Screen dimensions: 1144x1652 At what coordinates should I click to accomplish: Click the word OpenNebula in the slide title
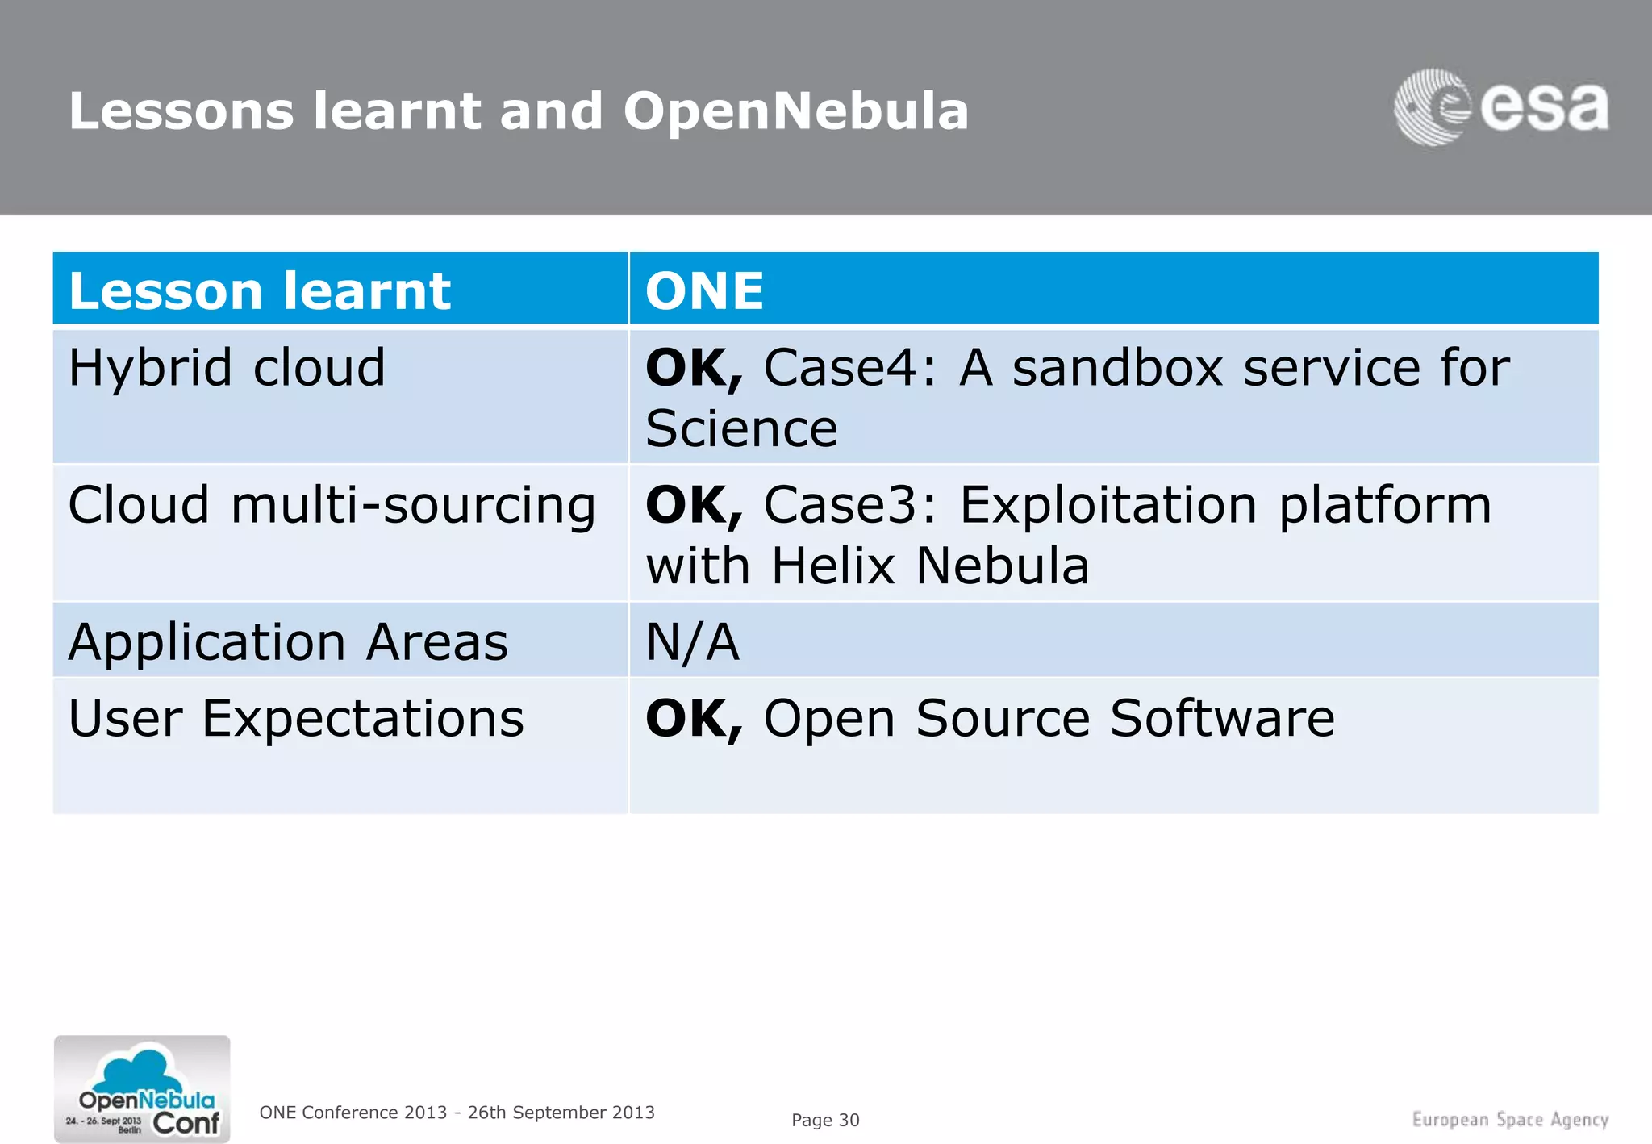[x=795, y=111]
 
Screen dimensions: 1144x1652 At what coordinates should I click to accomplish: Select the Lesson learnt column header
[x=259, y=290]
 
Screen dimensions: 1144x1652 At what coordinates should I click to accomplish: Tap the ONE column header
[x=704, y=290]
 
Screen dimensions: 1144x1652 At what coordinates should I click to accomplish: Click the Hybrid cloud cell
[x=227, y=368]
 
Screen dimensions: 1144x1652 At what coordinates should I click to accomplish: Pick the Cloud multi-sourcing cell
[x=332, y=506]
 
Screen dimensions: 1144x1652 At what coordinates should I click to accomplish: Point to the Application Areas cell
[x=288, y=642]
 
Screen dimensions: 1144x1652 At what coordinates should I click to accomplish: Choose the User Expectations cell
[x=296, y=718]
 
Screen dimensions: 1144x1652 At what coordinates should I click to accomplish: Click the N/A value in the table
[x=692, y=642]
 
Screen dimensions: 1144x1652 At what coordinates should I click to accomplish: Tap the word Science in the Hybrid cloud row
[x=741, y=428]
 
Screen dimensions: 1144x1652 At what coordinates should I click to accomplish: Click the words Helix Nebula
[x=930, y=566]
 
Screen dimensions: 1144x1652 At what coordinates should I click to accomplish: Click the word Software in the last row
[x=1222, y=718]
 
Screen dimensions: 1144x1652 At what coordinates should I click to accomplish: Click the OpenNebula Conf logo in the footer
[x=142, y=1088]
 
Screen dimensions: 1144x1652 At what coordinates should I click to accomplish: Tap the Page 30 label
[x=825, y=1120]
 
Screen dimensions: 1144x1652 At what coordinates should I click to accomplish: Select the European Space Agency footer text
[x=1510, y=1120]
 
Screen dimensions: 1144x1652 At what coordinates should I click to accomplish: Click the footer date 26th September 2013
[x=561, y=1113]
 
